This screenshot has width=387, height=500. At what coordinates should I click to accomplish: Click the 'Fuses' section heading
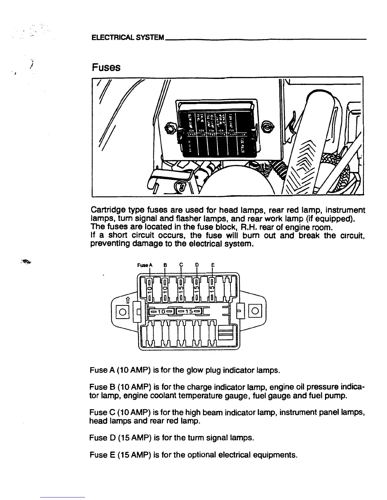click(x=106, y=67)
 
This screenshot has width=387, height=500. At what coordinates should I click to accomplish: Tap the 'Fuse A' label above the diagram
click(x=145, y=265)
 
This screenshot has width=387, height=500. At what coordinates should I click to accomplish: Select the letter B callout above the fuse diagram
click(x=165, y=265)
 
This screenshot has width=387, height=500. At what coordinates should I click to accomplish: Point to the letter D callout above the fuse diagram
click(x=197, y=265)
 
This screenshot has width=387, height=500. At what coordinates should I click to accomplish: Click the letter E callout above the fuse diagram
click(x=212, y=265)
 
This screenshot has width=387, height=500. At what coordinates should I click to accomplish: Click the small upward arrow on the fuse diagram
click(x=128, y=300)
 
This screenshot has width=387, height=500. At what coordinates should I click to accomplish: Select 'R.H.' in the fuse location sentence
click(x=250, y=227)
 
